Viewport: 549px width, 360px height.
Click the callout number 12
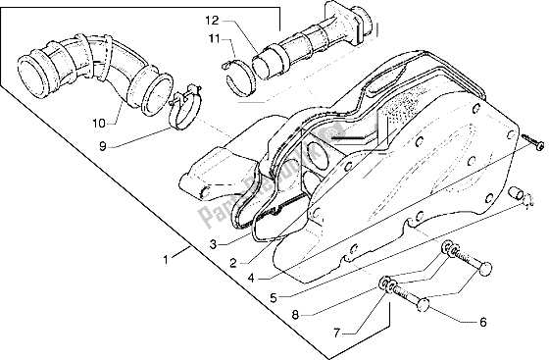[213, 19]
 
